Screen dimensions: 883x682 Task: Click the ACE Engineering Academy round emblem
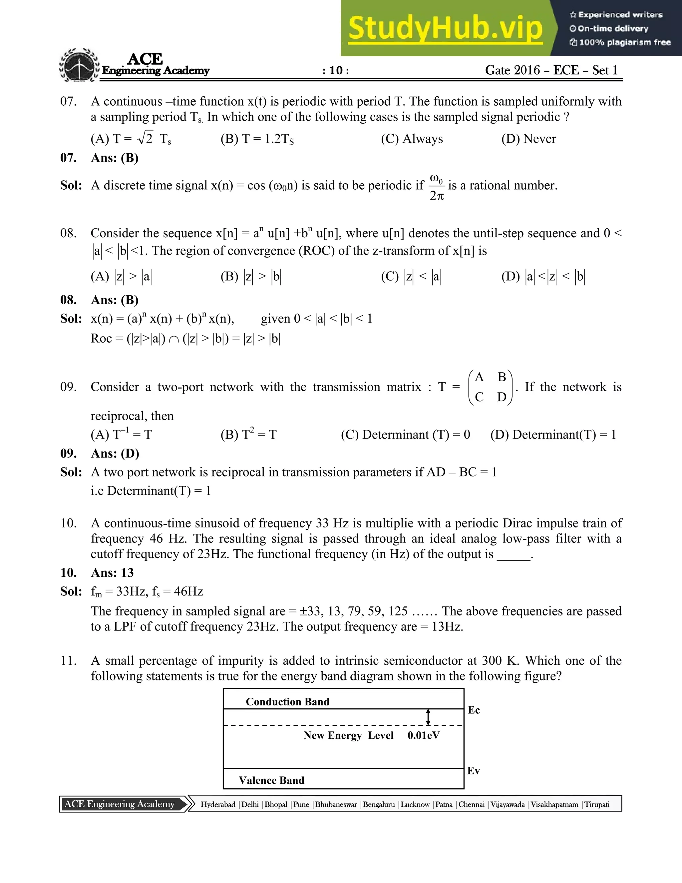(x=79, y=66)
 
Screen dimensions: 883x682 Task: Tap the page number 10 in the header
(x=336, y=70)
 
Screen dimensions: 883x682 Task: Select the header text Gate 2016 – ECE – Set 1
(x=551, y=70)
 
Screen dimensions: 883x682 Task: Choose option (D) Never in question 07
(x=528, y=139)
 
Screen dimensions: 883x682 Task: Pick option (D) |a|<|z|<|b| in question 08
(x=543, y=277)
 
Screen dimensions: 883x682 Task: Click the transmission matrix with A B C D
(x=490, y=387)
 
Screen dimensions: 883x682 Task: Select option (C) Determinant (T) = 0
(x=405, y=435)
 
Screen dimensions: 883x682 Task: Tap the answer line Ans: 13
(x=112, y=572)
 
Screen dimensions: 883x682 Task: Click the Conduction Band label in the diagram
(x=287, y=701)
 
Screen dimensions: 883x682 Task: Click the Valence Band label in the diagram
(x=271, y=780)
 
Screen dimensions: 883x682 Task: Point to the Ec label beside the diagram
(x=474, y=710)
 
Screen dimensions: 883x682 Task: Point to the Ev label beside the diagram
(x=474, y=771)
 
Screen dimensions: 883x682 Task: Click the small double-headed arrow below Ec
(x=428, y=717)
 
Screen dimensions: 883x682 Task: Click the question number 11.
(x=68, y=661)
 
